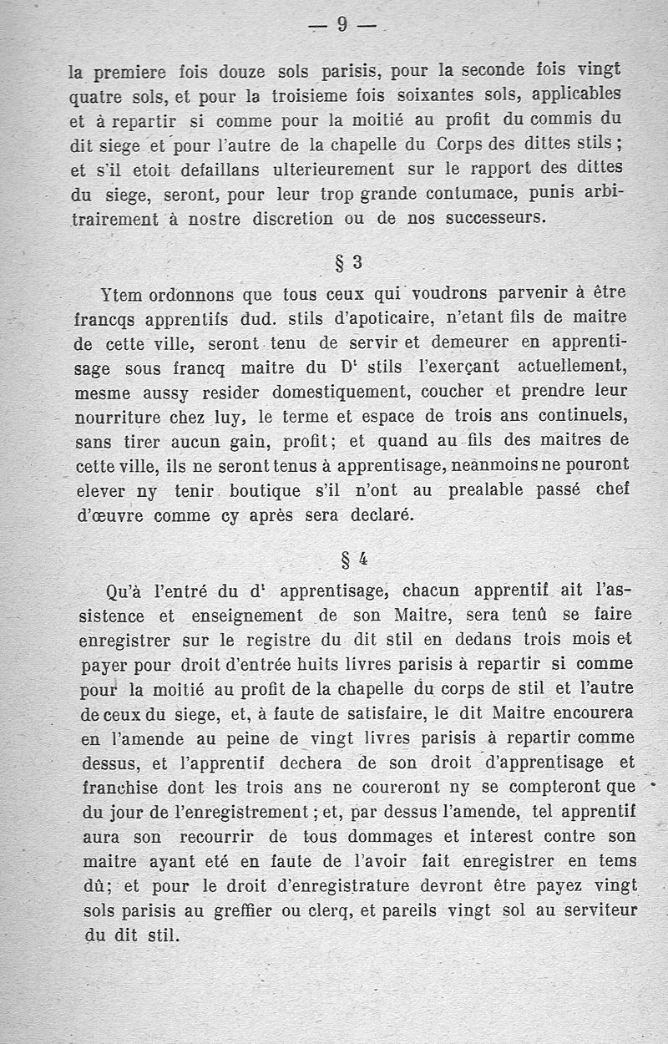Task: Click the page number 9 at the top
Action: (342, 25)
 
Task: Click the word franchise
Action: (119, 786)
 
